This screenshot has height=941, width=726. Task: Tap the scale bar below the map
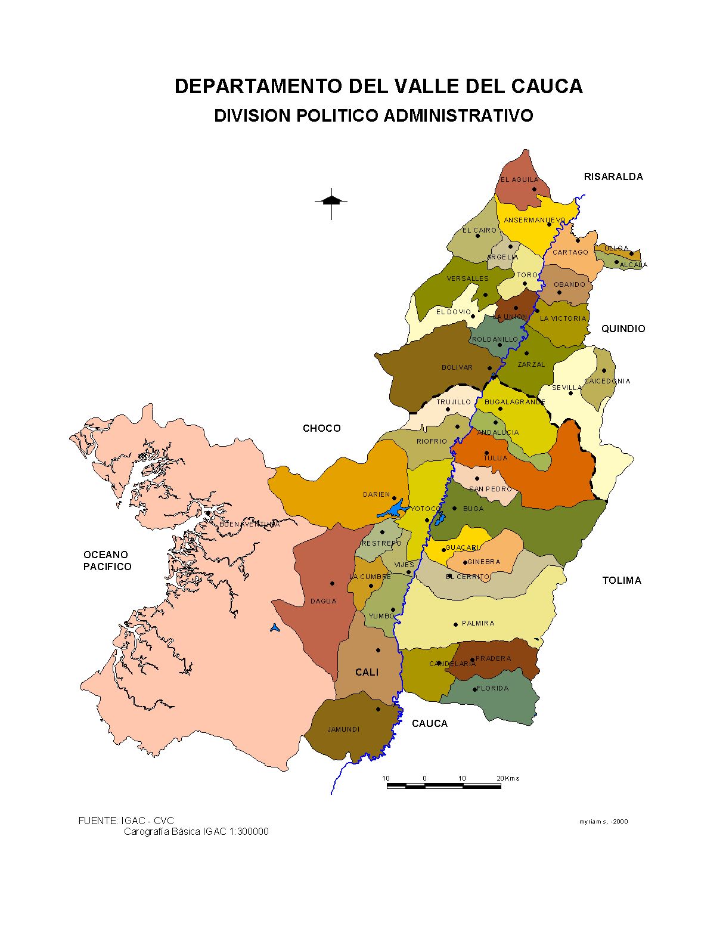(x=443, y=786)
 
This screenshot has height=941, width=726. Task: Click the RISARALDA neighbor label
(x=613, y=177)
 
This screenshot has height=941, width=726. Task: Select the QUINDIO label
(x=623, y=329)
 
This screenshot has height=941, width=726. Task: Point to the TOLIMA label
(x=622, y=580)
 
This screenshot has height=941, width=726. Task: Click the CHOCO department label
(x=322, y=428)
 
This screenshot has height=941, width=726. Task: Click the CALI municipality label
(x=367, y=672)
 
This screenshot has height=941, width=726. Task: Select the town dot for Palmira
(x=456, y=624)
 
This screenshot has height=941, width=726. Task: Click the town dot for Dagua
(x=332, y=583)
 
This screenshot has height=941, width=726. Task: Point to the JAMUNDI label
(x=343, y=729)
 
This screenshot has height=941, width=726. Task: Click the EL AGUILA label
(x=519, y=179)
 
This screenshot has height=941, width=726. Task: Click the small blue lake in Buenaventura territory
(x=274, y=627)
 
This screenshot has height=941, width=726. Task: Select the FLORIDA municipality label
(x=493, y=688)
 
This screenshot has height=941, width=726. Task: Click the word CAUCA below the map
(x=429, y=723)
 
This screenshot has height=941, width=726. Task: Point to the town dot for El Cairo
(x=477, y=236)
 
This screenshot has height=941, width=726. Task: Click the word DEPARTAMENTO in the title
(x=259, y=86)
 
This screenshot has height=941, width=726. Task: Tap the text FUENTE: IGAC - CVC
(x=126, y=821)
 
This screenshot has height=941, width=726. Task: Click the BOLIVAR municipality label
(x=457, y=367)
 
